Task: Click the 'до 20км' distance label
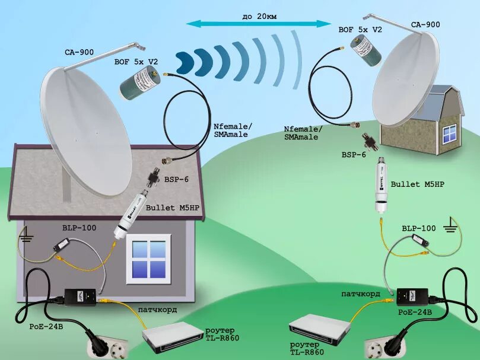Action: click(259, 16)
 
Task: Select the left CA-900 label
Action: click(80, 52)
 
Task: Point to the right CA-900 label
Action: click(425, 24)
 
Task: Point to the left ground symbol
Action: click(26, 239)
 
